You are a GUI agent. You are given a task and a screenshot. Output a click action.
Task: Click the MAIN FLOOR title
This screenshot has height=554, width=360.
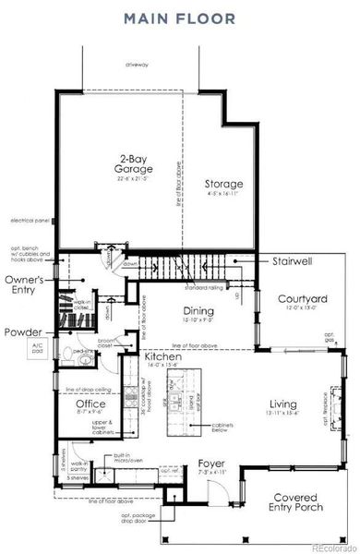(x=180, y=18)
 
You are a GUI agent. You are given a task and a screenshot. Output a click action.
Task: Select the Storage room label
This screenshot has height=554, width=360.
(x=223, y=184)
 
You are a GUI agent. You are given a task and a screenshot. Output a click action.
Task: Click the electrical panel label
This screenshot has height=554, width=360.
(x=29, y=221)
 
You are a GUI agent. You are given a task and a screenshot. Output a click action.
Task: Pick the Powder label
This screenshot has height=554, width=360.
(x=22, y=331)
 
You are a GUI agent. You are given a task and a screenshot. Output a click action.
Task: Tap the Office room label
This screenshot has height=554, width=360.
(x=90, y=403)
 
